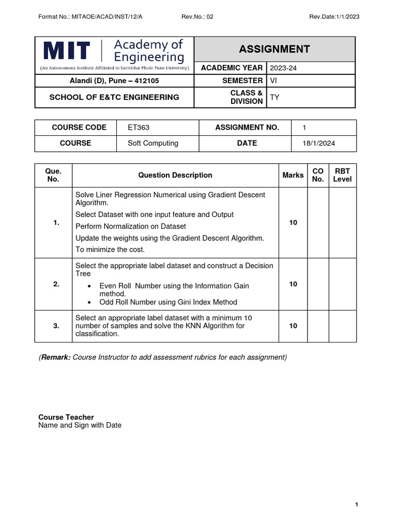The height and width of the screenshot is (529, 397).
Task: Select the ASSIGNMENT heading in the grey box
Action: coord(274,49)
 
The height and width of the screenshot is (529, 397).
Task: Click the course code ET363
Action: coord(139,128)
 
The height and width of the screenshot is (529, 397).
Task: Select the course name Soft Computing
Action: coord(153,143)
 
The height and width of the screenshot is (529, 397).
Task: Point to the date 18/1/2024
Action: coord(319,144)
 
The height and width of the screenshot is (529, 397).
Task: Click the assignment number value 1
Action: coord(304,128)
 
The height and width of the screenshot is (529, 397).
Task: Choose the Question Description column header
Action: coord(175,175)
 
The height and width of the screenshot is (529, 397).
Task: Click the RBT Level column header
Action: coord(342,175)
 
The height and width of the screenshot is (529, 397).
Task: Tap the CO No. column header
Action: coord(318,175)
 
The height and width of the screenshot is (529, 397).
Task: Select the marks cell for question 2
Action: coord(293,284)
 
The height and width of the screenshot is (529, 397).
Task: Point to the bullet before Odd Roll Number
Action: coord(90,302)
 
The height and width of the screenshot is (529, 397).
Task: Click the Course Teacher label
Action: coord(66,417)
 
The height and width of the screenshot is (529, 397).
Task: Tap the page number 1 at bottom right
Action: coord(357,505)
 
